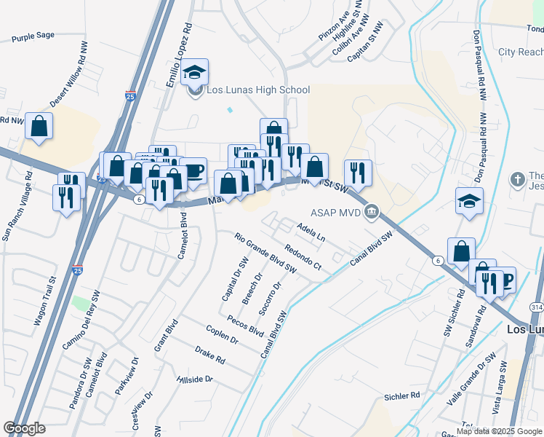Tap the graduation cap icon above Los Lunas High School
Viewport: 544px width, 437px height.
pos(194,72)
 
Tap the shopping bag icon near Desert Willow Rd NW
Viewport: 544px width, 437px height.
pos(39,125)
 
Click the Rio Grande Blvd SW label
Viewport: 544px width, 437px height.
pos(266,253)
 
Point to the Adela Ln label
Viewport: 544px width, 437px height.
pos(311,232)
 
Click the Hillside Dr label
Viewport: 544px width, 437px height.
pos(194,379)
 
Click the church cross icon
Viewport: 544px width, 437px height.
pos(517,179)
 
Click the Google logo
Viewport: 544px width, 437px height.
pos(24,428)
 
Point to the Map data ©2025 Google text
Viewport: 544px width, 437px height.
pos(499,431)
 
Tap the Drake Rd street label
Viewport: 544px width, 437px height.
pos(210,355)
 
